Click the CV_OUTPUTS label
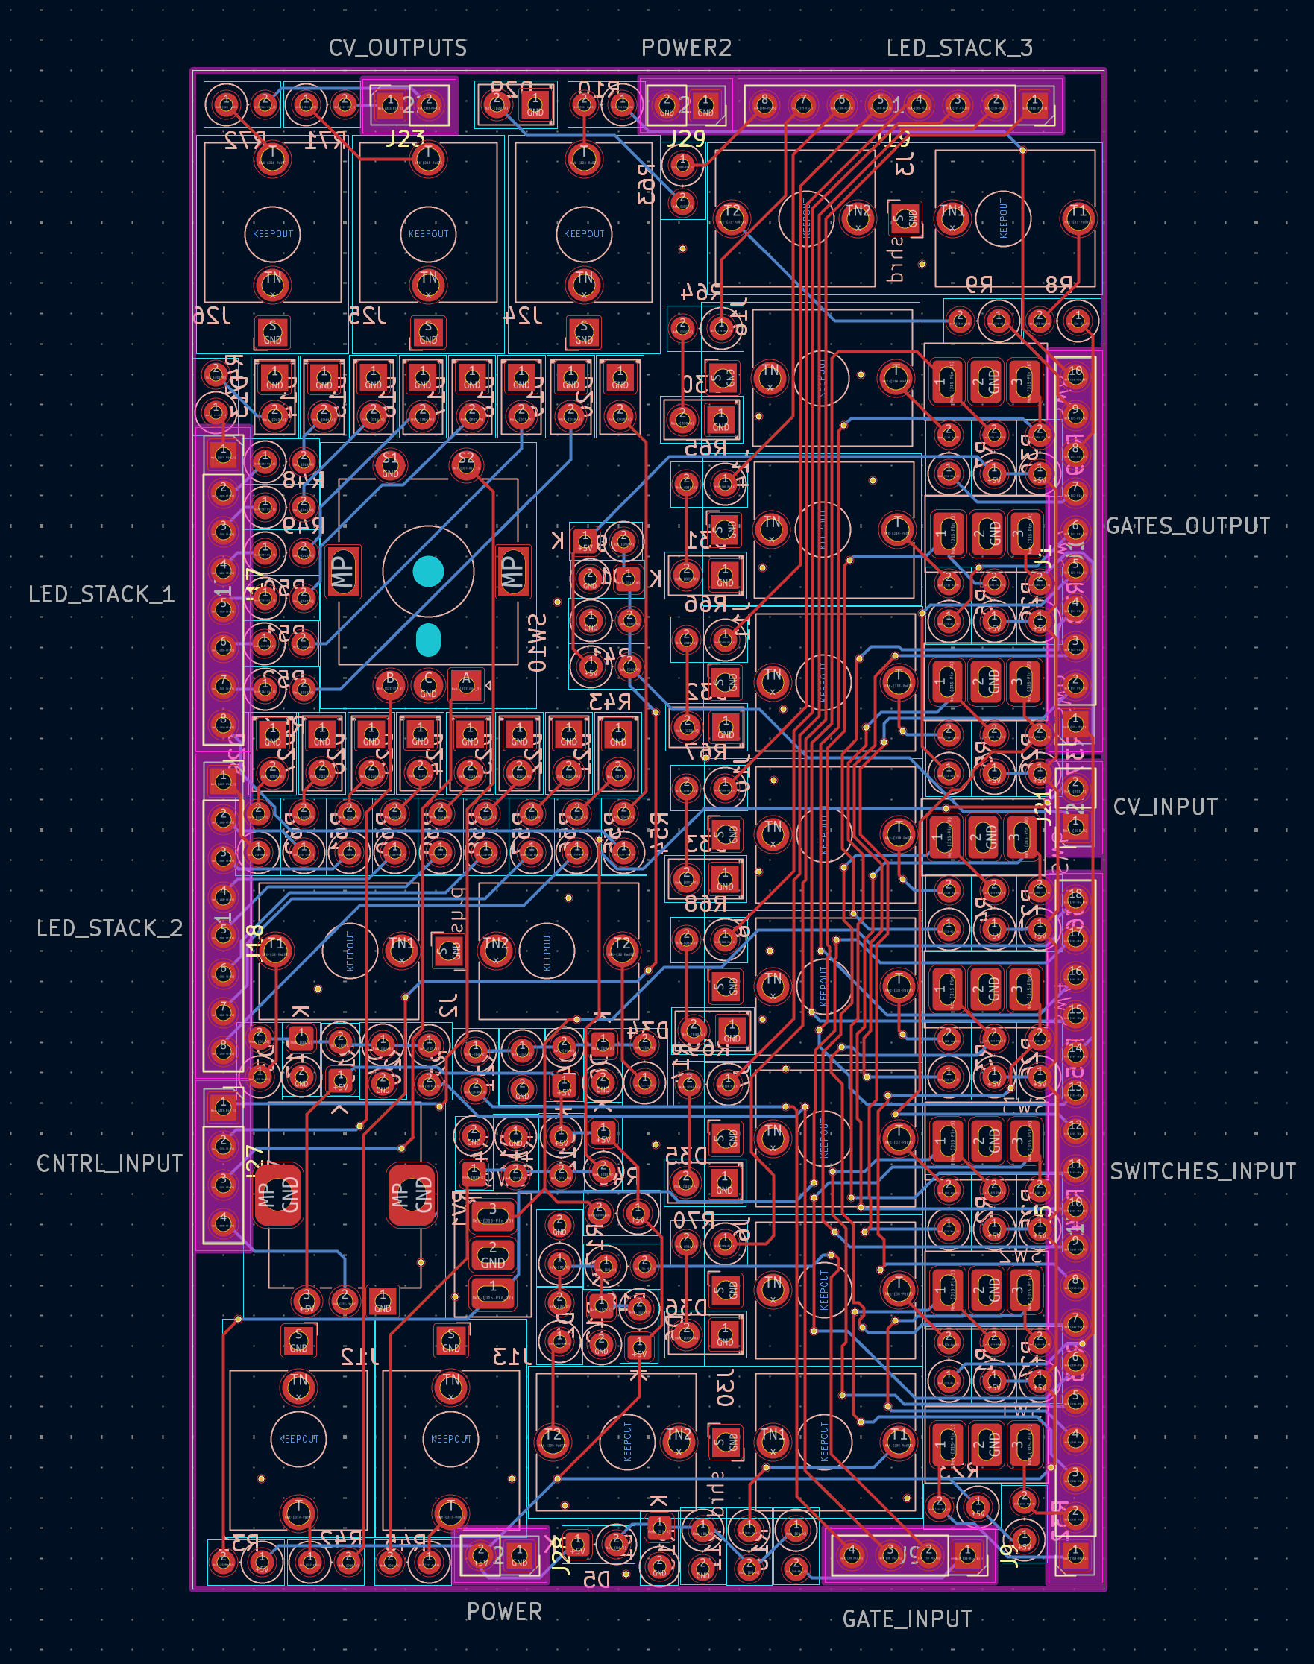pyautogui.click(x=397, y=48)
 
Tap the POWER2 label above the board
pyautogui.click(x=686, y=48)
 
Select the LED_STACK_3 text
pyautogui.click(x=959, y=48)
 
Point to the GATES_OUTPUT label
pyautogui.click(x=1187, y=526)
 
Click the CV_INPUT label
pyautogui.click(x=1165, y=807)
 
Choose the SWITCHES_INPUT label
pyautogui.click(x=1202, y=1171)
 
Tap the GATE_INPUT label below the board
pyautogui.click(x=907, y=1619)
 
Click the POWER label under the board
pyautogui.click(x=504, y=1612)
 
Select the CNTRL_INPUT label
pyautogui.click(x=109, y=1164)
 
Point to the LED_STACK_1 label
pyautogui.click(x=101, y=594)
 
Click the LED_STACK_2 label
pyautogui.click(x=109, y=928)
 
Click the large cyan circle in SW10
pyautogui.click(x=428, y=571)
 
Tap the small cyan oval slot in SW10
pyautogui.click(x=428, y=640)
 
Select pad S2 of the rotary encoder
pyautogui.click(x=465, y=464)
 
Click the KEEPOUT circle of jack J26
pyautogui.click(x=272, y=234)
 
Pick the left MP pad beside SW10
pyautogui.click(x=342, y=571)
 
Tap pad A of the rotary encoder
pyautogui.click(x=465, y=683)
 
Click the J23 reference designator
pyautogui.click(x=406, y=139)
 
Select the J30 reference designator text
pyautogui.click(x=725, y=1388)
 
